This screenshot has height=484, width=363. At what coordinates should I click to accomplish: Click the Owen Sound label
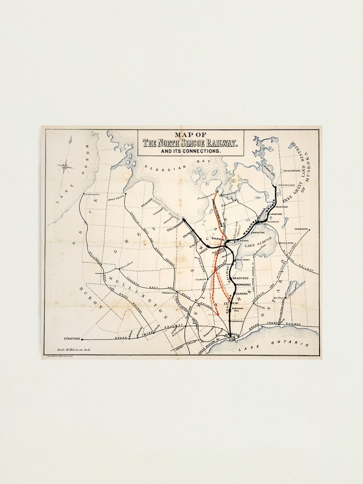point(116,198)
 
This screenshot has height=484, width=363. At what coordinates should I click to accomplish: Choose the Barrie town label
point(219,239)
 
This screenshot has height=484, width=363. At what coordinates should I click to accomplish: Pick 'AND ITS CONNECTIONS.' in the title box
point(190,151)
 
